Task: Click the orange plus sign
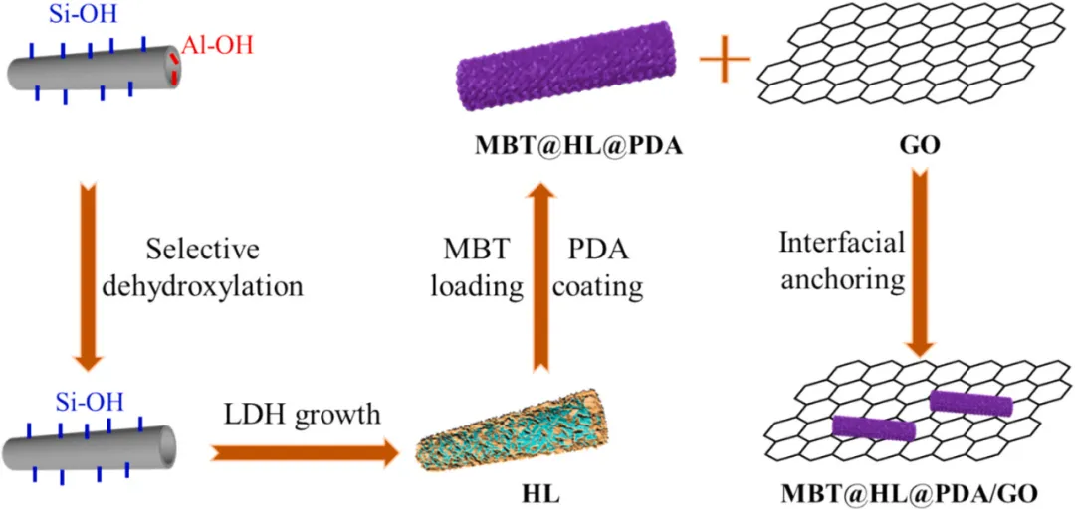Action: (724, 66)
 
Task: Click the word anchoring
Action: (842, 279)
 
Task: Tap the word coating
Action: (599, 287)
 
